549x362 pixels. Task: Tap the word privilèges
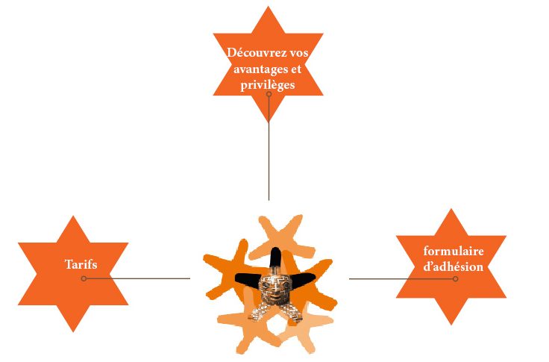[268, 85]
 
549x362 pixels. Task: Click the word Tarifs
[81, 264]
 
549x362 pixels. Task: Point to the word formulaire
[454, 251]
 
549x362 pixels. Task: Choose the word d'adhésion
[453, 266]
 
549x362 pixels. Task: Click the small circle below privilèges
[269, 94]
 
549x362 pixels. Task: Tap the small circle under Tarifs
[84, 278]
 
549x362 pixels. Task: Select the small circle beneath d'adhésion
[455, 279]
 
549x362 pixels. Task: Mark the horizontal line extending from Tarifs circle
[138, 278]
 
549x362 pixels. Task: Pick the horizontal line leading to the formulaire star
[401, 279]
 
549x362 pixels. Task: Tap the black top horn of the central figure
[274, 258]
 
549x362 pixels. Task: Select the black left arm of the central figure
[248, 279]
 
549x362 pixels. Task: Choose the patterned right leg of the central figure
[292, 312]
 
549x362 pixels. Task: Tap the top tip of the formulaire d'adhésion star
[451, 209]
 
